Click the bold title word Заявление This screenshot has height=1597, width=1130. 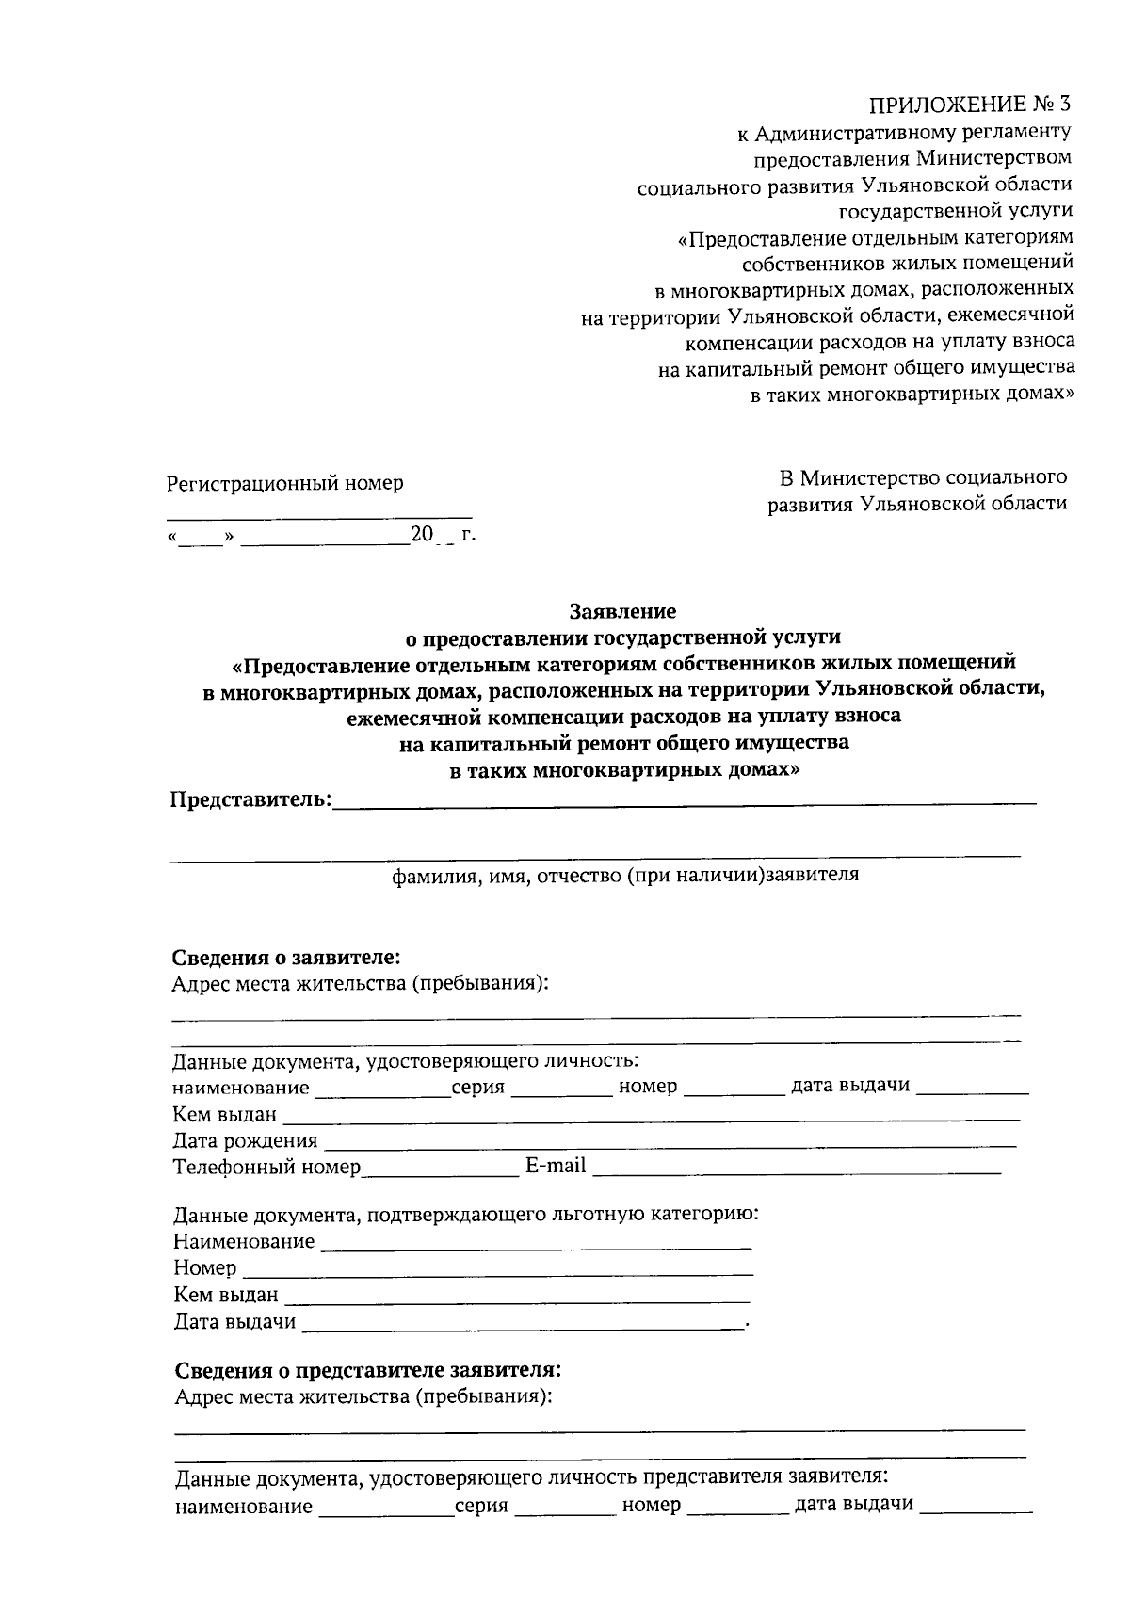pyautogui.click(x=622, y=611)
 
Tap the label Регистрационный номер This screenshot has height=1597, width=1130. pyautogui.click(x=284, y=483)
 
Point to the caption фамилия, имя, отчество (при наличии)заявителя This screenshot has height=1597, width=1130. pyautogui.click(x=625, y=875)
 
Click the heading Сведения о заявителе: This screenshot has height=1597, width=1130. pyautogui.click(x=286, y=958)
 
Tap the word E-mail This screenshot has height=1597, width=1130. pyautogui.click(x=556, y=1166)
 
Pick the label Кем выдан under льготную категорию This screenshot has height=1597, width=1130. pyautogui.click(x=226, y=1295)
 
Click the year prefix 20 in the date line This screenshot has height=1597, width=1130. pyautogui.click(x=421, y=535)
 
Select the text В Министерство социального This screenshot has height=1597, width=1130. pyautogui.click(x=918, y=477)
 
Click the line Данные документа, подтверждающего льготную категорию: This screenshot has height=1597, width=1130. pyautogui.click(x=466, y=1214)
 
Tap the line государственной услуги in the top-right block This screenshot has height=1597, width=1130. pyautogui.click(x=956, y=210)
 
